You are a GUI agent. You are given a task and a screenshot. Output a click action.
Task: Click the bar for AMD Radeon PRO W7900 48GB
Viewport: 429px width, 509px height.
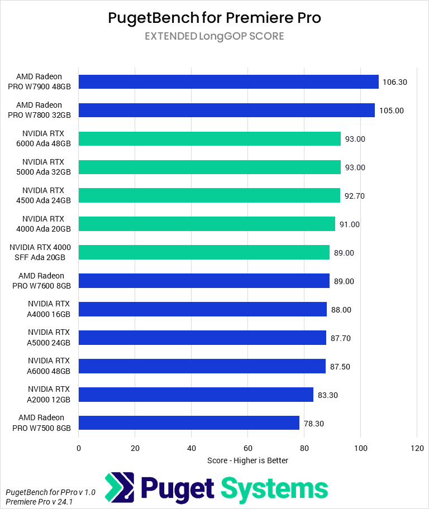[x=228, y=82]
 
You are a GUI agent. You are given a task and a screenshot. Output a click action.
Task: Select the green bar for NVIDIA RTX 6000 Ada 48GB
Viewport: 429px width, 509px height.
[x=209, y=139]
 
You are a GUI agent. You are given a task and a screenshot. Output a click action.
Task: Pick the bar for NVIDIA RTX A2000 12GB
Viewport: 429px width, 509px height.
[x=196, y=395]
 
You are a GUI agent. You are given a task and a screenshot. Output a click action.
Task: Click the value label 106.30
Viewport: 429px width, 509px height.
[x=395, y=82]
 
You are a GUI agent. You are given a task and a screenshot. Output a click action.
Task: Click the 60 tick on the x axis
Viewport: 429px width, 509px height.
[x=248, y=448]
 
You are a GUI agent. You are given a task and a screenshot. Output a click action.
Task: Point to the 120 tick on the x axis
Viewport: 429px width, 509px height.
[x=417, y=448]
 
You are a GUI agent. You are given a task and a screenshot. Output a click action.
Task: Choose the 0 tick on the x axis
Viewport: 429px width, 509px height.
[x=79, y=448]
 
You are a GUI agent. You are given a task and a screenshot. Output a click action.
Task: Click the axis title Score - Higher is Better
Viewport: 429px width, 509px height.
[x=247, y=460]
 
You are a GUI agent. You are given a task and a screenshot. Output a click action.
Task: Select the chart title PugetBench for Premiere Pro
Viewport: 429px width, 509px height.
[x=214, y=18]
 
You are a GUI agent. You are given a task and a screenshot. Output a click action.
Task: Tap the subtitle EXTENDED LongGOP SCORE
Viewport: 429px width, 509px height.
[x=214, y=36]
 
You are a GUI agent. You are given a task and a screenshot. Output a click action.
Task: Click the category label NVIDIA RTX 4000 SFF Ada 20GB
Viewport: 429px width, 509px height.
[x=44, y=252]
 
